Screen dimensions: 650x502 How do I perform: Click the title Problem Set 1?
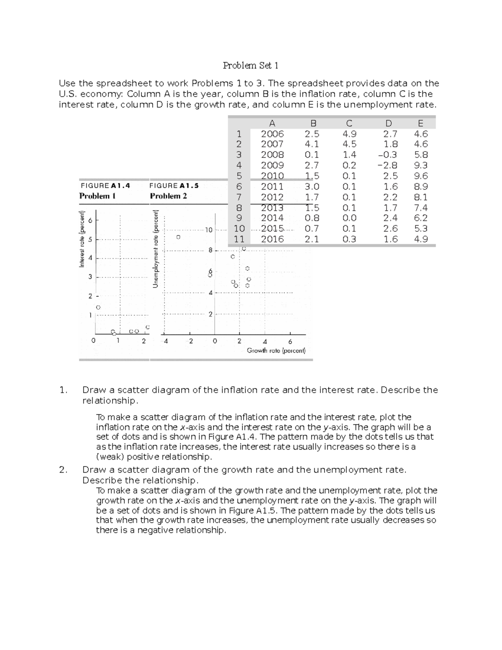251,65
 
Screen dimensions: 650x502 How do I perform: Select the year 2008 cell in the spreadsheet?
272,155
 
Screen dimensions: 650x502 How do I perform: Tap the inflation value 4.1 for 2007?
312,144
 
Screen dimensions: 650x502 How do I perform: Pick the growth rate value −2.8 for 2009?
387,165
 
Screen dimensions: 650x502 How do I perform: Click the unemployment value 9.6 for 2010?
420,176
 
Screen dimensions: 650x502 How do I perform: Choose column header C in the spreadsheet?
349,123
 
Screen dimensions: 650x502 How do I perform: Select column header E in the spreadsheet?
420,123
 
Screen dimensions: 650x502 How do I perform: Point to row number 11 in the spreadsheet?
239,239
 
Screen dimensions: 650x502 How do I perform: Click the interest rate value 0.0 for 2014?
349,218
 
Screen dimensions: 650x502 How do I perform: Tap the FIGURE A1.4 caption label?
105,185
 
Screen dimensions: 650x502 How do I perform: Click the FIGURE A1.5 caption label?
174,185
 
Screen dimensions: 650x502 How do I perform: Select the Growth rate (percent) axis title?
276,351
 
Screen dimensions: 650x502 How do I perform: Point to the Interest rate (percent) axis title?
82,239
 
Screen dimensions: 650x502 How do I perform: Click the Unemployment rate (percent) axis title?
156,249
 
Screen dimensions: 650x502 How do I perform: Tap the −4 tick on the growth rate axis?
166,341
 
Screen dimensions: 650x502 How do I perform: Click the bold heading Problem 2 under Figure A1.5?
168,196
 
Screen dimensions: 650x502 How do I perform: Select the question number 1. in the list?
63,390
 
